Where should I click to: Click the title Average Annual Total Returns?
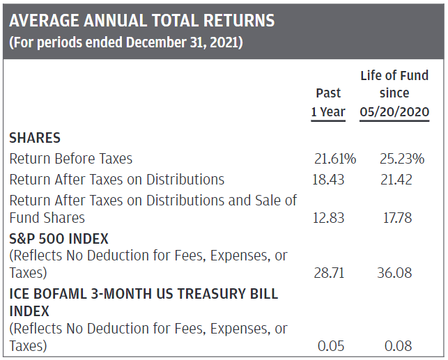pyautogui.click(x=141, y=20)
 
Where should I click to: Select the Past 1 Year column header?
pyautogui.click(x=328, y=102)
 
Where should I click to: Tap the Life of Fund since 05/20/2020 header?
pyautogui.click(x=394, y=93)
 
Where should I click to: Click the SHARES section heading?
pyautogui.click(x=35, y=138)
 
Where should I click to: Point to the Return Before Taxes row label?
pyautogui.click(x=71, y=159)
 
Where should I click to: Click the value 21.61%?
pyautogui.click(x=335, y=159)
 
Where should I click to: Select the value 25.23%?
pyautogui.click(x=402, y=159)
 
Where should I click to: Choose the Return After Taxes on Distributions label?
pyautogui.click(x=117, y=180)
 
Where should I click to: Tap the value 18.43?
pyautogui.click(x=328, y=180)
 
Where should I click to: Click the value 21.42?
pyautogui.click(x=396, y=180)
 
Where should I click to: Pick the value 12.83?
pyautogui.click(x=328, y=218)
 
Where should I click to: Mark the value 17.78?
pyautogui.click(x=396, y=218)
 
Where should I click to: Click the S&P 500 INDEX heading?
pyautogui.click(x=59, y=239)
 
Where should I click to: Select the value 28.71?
pyautogui.click(x=328, y=272)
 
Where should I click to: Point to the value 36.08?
pyautogui.click(x=396, y=272)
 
